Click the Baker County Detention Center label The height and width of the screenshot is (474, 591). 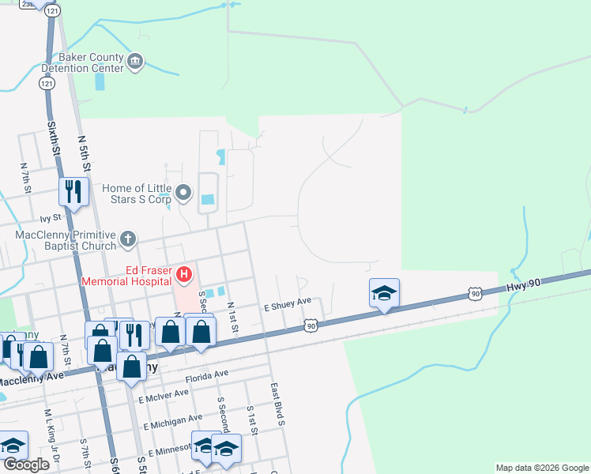(x=89, y=62)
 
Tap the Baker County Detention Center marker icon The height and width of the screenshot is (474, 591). (x=135, y=62)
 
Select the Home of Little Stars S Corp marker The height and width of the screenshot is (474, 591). (x=184, y=192)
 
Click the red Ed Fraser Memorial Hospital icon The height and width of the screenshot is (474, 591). (x=184, y=275)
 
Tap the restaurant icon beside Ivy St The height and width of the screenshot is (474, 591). (x=73, y=192)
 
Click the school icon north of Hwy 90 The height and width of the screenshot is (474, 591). (x=384, y=294)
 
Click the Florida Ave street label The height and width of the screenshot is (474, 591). (x=207, y=374)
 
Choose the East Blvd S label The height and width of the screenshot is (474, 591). (x=277, y=405)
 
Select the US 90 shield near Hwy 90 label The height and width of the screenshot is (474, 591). (x=474, y=293)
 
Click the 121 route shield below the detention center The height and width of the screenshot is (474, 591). (x=48, y=83)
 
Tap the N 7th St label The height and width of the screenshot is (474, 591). (x=26, y=177)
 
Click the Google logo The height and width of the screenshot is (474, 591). (x=26, y=465)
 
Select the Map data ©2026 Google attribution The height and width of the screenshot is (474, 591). (x=541, y=468)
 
